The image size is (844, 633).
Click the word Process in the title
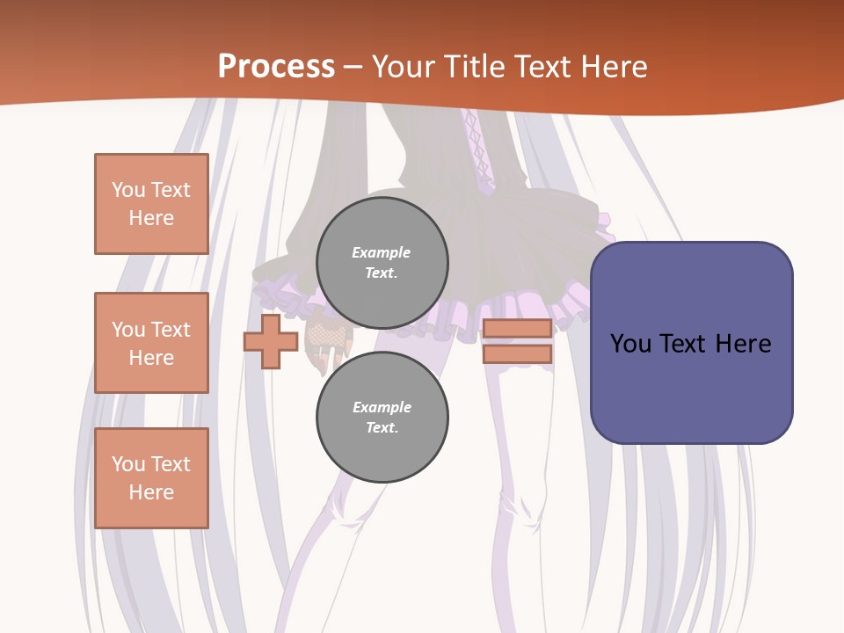point(276,66)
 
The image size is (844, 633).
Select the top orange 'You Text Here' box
point(151,204)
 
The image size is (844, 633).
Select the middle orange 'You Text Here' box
point(151,343)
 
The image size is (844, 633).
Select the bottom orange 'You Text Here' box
point(151,478)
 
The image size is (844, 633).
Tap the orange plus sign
point(271,342)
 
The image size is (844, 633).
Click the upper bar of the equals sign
point(517,329)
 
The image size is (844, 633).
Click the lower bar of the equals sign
point(517,354)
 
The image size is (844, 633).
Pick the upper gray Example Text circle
point(382,263)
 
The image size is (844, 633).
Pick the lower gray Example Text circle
point(382,418)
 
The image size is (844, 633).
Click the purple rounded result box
point(691,343)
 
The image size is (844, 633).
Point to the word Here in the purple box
point(742,344)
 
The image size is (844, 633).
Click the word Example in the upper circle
point(382,252)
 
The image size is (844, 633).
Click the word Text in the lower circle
point(381,427)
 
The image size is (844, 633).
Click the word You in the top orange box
point(128,190)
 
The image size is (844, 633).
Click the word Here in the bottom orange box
point(151,492)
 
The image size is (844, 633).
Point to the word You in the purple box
point(631,344)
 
